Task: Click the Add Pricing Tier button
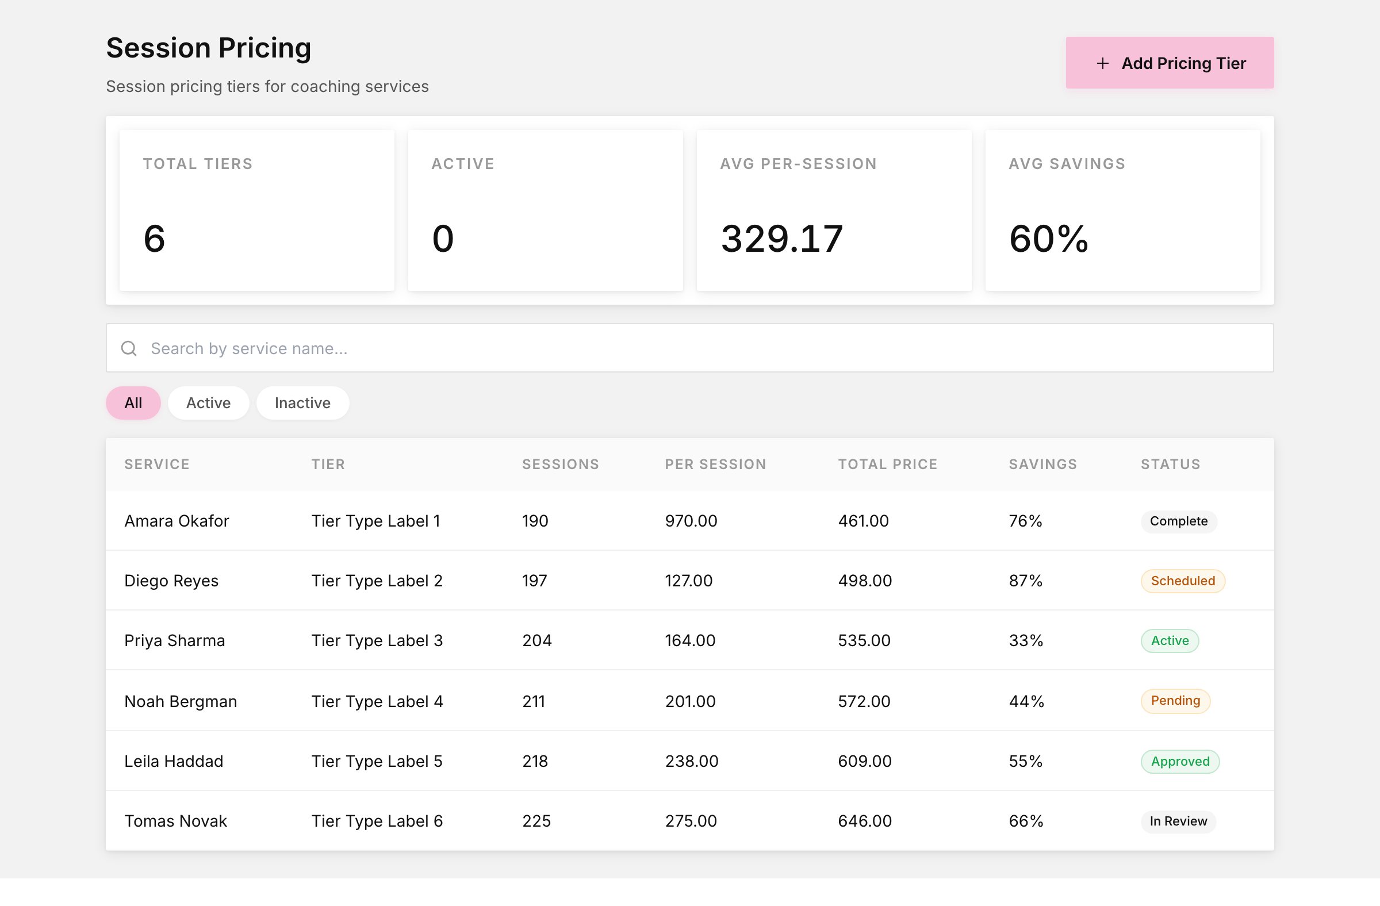click(1170, 63)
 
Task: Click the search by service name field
click(689, 348)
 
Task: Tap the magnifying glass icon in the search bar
click(129, 348)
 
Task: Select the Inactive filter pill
click(302, 403)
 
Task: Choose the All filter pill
click(133, 403)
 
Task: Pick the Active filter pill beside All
click(209, 403)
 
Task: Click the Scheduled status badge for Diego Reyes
click(1183, 581)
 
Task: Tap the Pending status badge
click(1175, 701)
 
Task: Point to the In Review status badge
click(1178, 821)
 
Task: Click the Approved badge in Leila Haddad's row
click(1180, 761)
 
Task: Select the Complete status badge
click(1179, 521)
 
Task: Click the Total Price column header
click(888, 464)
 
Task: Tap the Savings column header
click(1042, 464)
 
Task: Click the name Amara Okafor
click(177, 521)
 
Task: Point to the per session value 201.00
click(690, 701)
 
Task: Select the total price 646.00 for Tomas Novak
click(865, 821)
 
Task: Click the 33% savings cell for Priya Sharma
click(1026, 640)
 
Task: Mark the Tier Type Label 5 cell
click(377, 761)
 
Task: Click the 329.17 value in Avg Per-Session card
click(781, 238)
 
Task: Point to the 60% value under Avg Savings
click(1048, 238)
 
